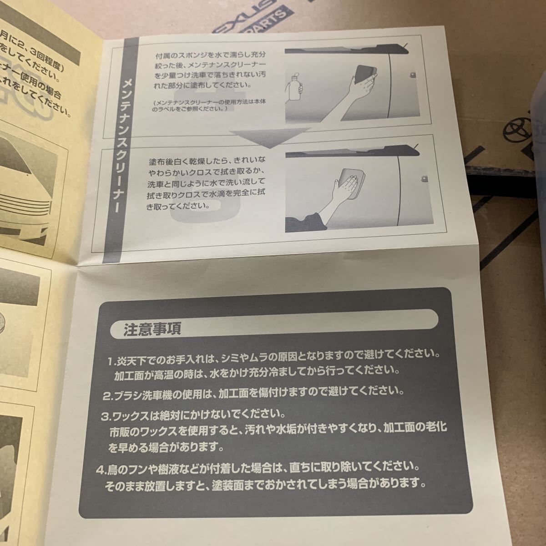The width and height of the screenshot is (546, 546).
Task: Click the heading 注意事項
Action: (152, 329)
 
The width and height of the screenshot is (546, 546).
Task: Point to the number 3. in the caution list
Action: (106, 416)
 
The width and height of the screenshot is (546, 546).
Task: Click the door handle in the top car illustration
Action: (413, 73)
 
